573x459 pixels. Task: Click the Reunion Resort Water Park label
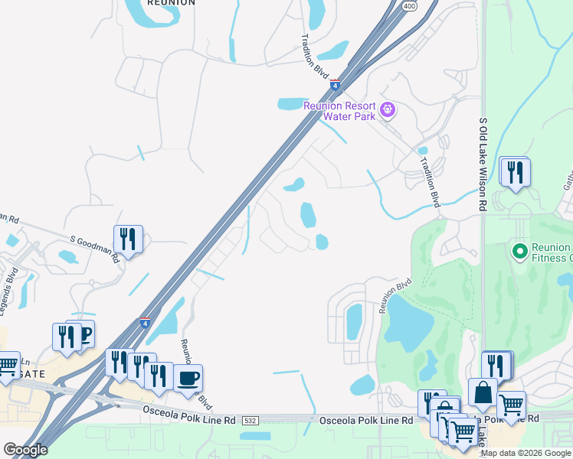pyautogui.click(x=339, y=111)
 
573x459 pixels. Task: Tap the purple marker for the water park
pyautogui.click(x=388, y=109)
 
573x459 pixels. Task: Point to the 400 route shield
pyautogui.click(x=410, y=6)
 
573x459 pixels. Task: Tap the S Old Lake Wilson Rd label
pyautogui.click(x=483, y=164)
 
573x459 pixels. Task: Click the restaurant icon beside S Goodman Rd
pyautogui.click(x=128, y=239)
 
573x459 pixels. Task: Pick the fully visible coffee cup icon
pyautogui.click(x=188, y=377)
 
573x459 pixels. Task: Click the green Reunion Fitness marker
pyautogui.click(x=519, y=250)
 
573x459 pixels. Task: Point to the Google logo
pyautogui.click(x=25, y=450)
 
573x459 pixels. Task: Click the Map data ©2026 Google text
pyautogui.click(x=526, y=453)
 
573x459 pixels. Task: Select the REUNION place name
pyautogui.click(x=171, y=3)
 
